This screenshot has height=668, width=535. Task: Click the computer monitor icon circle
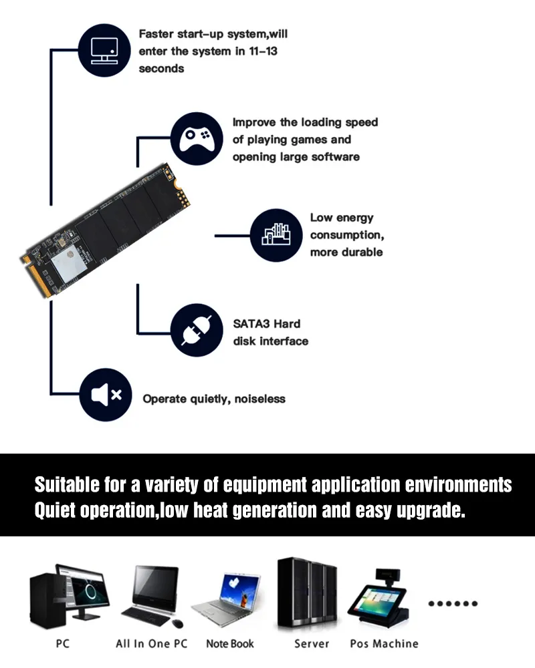tap(104, 50)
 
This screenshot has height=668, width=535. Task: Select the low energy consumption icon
tap(276, 235)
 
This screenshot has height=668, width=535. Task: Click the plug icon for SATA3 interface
tap(197, 330)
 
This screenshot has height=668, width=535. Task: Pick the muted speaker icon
tap(106, 395)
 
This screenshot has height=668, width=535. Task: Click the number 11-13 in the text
tap(263, 51)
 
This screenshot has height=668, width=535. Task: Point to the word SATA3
tap(251, 324)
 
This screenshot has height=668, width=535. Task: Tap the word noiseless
tap(260, 399)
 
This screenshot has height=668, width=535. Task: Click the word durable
tap(362, 253)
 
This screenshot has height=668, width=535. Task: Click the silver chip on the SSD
tap(69, 263)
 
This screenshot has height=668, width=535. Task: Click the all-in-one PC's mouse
tap(178, 624)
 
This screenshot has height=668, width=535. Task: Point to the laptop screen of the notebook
tap(240, 589)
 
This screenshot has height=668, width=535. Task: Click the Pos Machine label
tap(384, 643)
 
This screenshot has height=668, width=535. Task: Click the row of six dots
tap(453, 603)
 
